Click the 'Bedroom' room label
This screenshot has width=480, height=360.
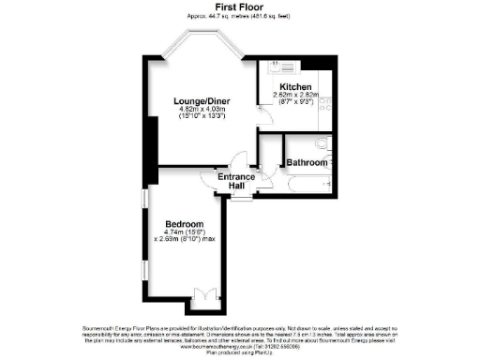point(186,225)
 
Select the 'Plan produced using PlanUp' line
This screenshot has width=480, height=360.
point(240,352)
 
